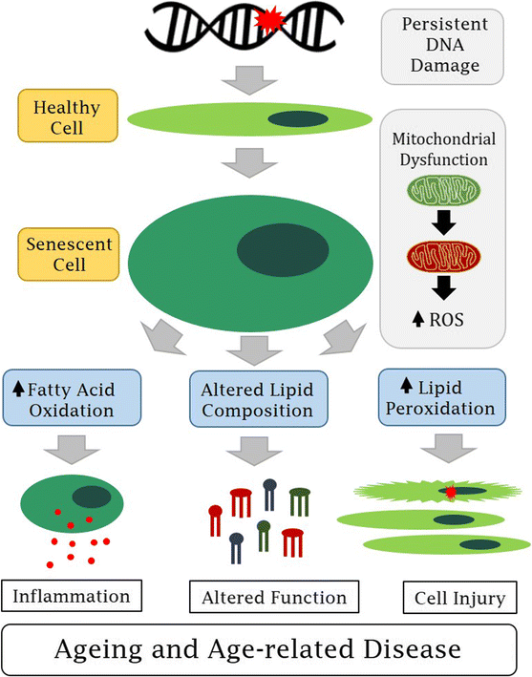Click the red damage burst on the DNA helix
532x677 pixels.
(269, 20)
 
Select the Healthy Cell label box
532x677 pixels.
(68, 116)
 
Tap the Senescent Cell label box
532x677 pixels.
(68, 254)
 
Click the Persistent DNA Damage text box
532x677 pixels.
(442, 47)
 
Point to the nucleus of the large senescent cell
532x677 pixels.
(283, 250)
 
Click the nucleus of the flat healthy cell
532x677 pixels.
(298, 119)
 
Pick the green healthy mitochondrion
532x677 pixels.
(443, 190)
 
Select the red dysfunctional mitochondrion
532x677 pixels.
(443, 257)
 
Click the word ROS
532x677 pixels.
(447, 320)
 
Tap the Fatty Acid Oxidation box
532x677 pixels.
(72, 397)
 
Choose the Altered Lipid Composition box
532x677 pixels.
(259, 399)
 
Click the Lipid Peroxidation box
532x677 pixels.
(442, 397)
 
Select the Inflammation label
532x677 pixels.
(72, 596)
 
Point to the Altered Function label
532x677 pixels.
(274, 597)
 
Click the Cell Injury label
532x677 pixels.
(459, 598)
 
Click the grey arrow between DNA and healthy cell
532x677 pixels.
(249, 80)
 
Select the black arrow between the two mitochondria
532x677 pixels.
(443, 222)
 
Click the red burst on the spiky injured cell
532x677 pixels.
(450, 492)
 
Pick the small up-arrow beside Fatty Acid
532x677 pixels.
(18, 388)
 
